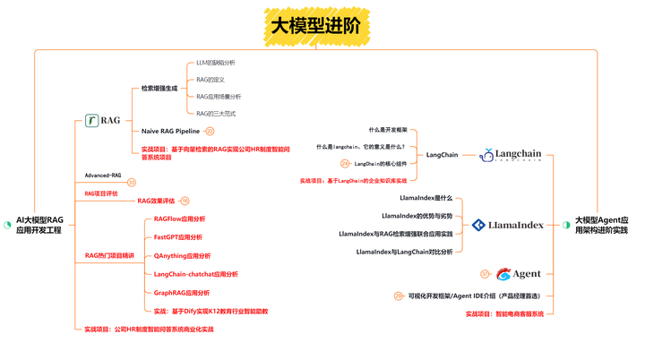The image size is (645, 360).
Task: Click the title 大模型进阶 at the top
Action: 316,26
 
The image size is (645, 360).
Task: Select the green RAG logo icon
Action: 92,120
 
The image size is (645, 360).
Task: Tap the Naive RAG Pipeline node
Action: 170,131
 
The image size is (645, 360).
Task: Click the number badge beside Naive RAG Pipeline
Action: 210,131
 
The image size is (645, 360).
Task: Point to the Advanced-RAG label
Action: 103,176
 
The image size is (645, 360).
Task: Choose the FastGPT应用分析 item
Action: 177,237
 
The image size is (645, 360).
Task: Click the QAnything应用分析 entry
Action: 182,256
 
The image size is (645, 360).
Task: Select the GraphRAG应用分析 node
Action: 181,293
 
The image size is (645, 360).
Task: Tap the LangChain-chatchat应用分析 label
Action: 195,274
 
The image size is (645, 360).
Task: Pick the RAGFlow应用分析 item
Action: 179,219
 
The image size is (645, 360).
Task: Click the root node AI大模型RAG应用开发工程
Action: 40,225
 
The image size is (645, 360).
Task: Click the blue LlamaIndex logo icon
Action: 479,225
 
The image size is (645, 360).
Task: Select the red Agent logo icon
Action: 503,274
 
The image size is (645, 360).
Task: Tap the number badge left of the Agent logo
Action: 485,274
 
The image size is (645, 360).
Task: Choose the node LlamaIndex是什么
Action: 426,197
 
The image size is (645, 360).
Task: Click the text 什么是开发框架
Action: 387,130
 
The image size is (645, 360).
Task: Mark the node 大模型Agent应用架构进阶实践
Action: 601,225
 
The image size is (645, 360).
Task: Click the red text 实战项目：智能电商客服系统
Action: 504,314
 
